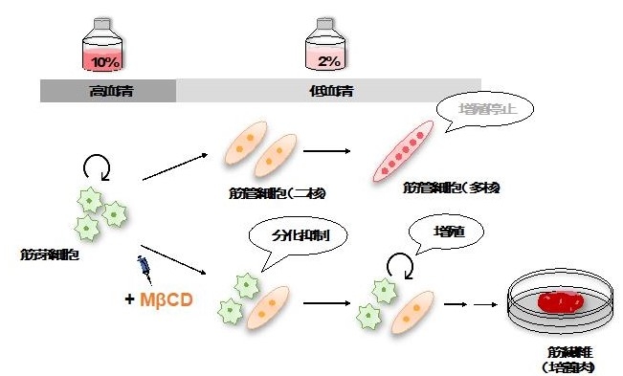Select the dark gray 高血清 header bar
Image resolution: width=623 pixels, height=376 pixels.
click(108, 92)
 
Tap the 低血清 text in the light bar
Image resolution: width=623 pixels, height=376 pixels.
click(330, 92)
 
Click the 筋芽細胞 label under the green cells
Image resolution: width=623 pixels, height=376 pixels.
click(47, 255)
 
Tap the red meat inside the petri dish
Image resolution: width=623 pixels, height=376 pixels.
click(557, 302)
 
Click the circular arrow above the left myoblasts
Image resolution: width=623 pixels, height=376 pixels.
click(96, 169)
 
